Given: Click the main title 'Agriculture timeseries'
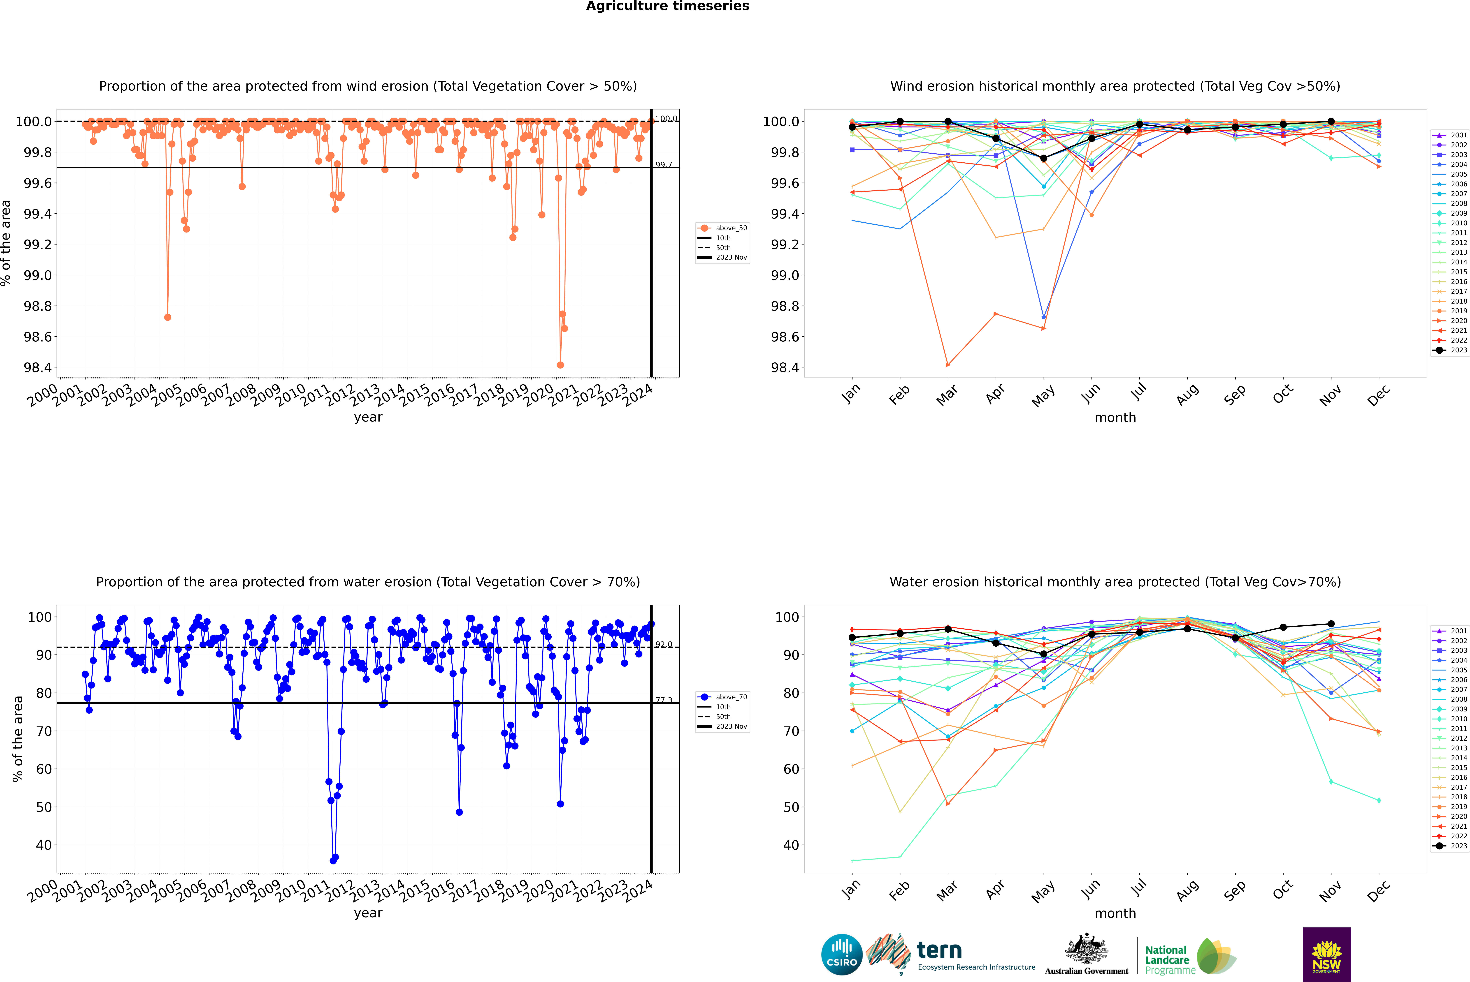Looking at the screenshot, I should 667,6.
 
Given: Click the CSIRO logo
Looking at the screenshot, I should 842,954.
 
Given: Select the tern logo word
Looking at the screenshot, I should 939,950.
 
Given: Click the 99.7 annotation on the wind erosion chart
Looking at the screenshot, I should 664,165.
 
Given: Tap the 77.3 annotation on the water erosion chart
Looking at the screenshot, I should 664,700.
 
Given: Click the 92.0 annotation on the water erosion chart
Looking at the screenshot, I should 664,644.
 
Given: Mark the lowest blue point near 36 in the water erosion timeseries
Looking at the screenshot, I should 333,860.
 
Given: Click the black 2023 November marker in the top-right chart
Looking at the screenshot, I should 1331,122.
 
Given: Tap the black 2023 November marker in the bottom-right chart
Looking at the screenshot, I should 1331,624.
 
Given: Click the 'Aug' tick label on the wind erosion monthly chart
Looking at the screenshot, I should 1187,394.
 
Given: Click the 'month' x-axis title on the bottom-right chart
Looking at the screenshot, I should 1115,913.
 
